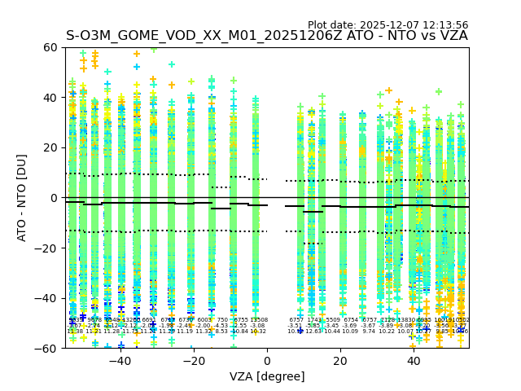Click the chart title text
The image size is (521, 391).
[267, 36]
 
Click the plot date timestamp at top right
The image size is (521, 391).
[387, 25]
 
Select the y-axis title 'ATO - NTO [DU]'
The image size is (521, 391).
[22, 198]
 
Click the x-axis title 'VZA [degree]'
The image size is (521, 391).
[267, 376]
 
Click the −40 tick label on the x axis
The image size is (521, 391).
[120, 361]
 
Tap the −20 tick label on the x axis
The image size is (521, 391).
[193, 361]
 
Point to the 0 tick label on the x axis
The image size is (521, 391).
[267, 361]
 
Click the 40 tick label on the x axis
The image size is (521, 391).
[414, 361]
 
